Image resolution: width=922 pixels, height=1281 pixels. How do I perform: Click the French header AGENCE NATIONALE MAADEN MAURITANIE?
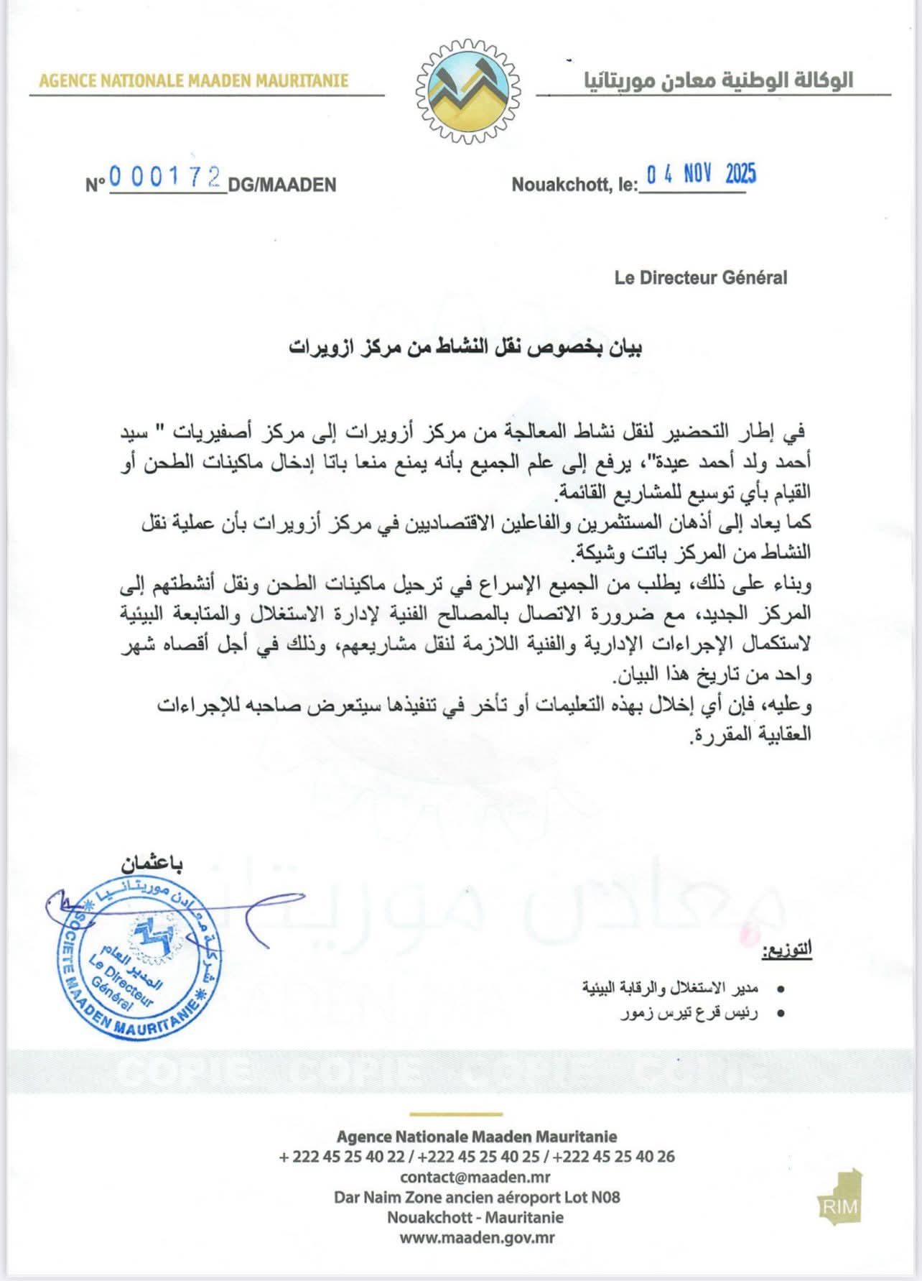[x=194, y=80]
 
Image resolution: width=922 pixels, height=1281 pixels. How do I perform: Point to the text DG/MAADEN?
[x=282, y=185]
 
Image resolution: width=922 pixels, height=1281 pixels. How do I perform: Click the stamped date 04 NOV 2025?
[x=701, y=175]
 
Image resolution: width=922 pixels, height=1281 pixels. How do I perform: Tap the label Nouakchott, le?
[x=574, y=185]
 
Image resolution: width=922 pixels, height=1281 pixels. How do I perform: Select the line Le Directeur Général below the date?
[x=700, y=277]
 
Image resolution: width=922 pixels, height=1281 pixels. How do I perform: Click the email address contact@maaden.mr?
[x=476, y=1177]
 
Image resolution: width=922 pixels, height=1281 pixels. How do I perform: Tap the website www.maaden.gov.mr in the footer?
[x=477, y=1237]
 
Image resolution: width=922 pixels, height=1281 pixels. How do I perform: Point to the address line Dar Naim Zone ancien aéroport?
[x=477, y=1197]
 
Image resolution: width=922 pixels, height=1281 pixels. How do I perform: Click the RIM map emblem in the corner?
[x=840, y=1196]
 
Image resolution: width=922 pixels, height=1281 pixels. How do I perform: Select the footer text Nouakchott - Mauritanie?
[x=475, y=1217]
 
